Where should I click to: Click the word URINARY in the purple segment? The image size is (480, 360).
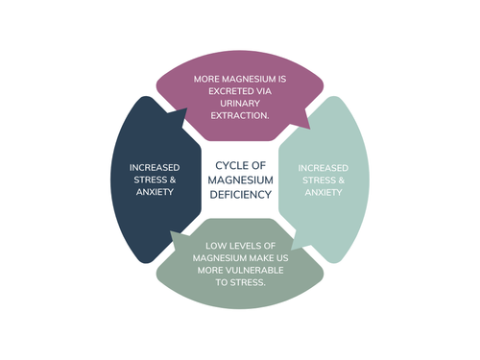pyautogui.click(x=240, y=104)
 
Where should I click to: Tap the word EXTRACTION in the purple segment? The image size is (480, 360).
pyautogui.click(x=239, y=115)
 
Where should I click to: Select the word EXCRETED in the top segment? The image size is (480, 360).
pyautogui.click(x=227, y=91)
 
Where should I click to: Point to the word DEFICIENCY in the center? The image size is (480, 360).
pyautogui.click(x=241, y=195)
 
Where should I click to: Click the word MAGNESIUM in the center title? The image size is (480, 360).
pyautogui.click(x=241, y=180)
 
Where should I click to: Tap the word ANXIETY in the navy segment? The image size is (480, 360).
pyautogui.click(x=155, y=192)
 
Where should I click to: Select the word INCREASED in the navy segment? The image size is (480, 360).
pyautogui.click(x=155, y=168)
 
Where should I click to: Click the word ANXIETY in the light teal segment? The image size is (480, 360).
pyautogui.click(x=324, y=192)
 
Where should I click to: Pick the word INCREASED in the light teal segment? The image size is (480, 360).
pyautogui.click(x=324, y=168)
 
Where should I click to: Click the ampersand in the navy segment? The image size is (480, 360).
pyautogui.click(x=173, y=180)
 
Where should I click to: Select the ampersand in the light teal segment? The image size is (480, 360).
pyautogui.click(x=342, y=180)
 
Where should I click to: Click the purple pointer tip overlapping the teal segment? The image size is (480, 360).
pyautogui.click(x=310, y=129)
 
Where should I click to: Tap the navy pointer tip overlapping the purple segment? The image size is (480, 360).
pyautogui.click(x=186, y=108)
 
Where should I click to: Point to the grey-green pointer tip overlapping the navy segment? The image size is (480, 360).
pyautogui.click(x=171, y=231)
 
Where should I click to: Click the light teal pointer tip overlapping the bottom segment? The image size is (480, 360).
pyautogui.click(x=291, y=250)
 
